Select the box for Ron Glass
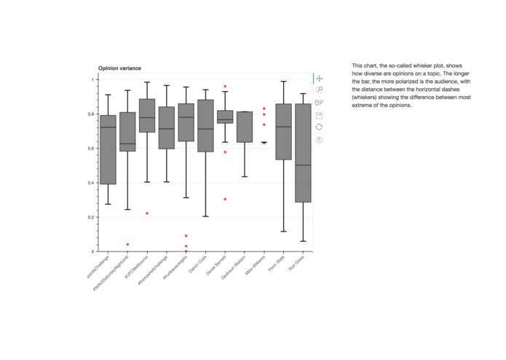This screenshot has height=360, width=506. coord(303,153)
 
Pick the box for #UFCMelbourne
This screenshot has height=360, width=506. coord(147,116)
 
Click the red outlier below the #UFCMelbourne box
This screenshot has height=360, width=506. coord(147,213)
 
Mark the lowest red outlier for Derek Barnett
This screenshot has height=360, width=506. coord(225,199)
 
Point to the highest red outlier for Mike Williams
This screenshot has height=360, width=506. coord(264,109)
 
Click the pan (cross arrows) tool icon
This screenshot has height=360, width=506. coord(319,78)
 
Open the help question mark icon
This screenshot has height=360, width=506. coord(319,139)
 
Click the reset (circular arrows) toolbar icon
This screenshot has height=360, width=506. coord(319,127)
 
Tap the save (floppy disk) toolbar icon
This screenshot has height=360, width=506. coord(319,114)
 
